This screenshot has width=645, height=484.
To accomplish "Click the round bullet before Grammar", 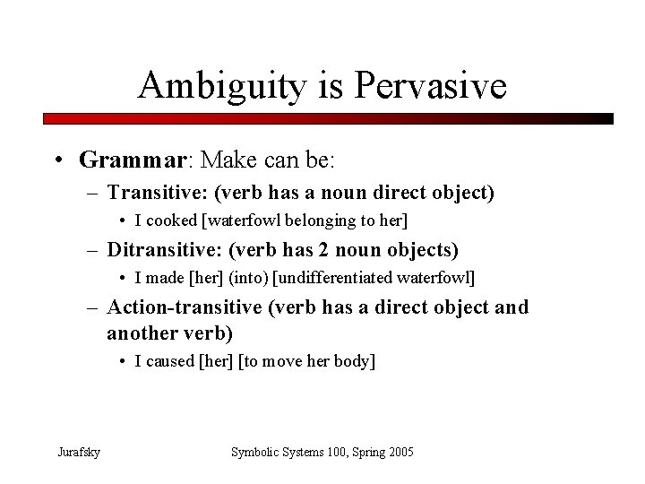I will point(58,161).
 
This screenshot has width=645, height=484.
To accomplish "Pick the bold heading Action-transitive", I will point(185,307).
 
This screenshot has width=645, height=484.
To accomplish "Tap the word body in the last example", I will point(356,361).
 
